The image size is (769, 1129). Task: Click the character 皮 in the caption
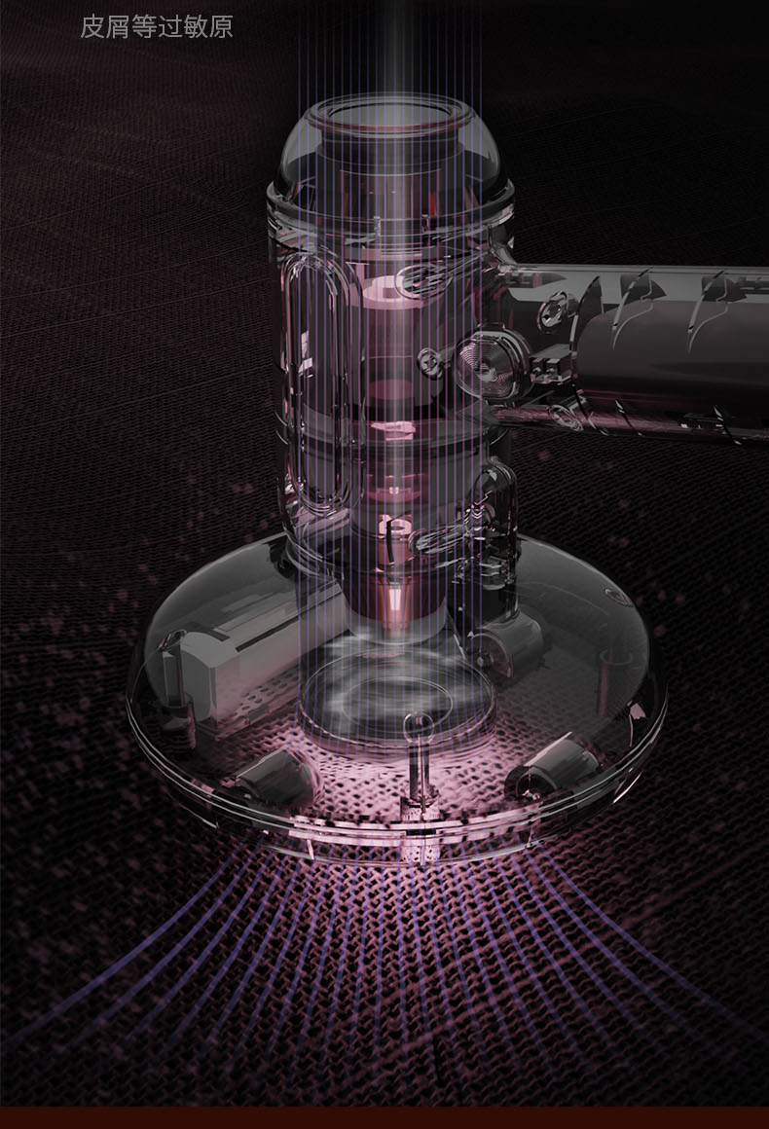[92, 26]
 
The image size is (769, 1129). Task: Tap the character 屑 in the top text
[118, 26]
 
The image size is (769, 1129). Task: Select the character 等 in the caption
[143, 26]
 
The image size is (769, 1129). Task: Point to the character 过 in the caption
[169, 26]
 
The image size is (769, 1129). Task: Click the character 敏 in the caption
[195, 26]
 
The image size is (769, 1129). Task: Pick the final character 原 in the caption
[221, 26]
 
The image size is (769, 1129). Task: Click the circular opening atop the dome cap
[392, 118]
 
